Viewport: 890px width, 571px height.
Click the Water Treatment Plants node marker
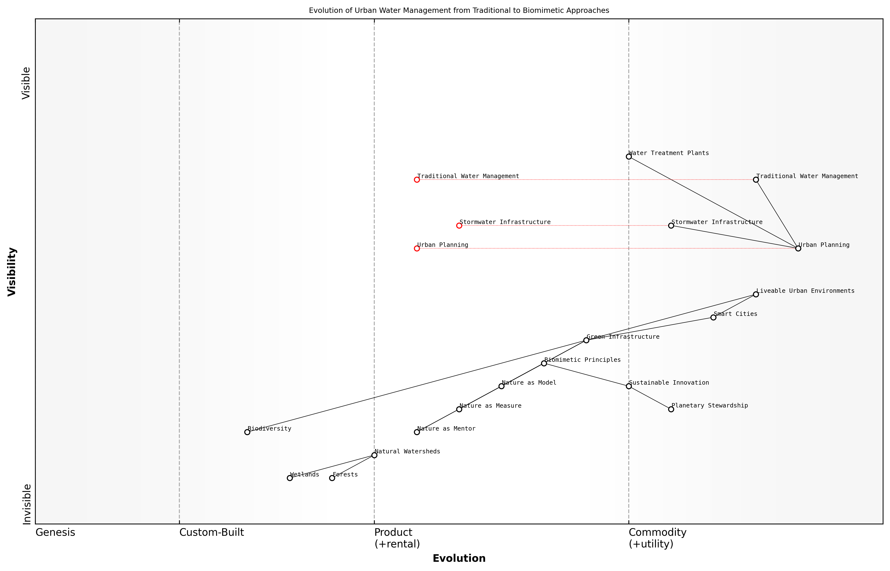(x=628, y=156)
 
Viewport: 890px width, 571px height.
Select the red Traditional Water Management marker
(x=417, y=180)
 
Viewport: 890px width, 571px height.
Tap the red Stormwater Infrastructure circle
(x=459, y=225)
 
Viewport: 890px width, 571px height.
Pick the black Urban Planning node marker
(x=798, y=248)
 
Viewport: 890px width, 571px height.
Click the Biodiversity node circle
(x=247, y=432)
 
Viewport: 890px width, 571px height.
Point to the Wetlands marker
(x=290, y=478)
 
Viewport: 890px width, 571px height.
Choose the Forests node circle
(x=332, y=478)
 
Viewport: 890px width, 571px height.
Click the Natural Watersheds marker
(x=374, y=455)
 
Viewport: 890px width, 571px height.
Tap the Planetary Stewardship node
(x=671, y=409)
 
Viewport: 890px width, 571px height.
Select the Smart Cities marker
(x=713, y=317)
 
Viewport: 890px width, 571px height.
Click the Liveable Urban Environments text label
(x=805, y=291)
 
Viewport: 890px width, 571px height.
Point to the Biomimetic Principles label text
(x=582, y=360)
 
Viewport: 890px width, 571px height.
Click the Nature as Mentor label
(x=446, y=429)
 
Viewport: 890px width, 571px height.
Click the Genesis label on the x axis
(x=55, y=532)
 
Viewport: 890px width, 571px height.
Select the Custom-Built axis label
(x=211, y=532)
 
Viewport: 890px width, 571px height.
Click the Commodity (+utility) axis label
(x=657, y=538)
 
